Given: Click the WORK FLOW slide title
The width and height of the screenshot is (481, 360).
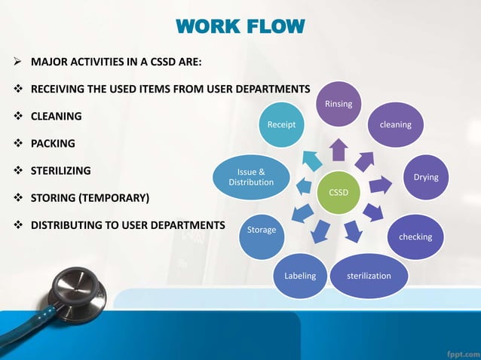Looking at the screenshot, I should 240,28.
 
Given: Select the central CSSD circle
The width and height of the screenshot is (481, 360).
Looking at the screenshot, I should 339,192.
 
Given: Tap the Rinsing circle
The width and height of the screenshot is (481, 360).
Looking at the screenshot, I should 339,104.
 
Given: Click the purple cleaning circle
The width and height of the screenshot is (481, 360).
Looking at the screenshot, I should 395,124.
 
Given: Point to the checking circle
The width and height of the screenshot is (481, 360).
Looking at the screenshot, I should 415,236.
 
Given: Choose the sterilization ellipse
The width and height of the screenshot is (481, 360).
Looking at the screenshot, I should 369,276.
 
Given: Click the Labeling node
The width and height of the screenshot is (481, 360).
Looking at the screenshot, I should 299,276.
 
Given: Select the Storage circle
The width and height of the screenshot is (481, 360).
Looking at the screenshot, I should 262,230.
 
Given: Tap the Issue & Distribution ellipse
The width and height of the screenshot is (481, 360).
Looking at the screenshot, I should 251,177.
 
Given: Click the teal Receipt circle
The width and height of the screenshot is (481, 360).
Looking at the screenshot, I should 281,124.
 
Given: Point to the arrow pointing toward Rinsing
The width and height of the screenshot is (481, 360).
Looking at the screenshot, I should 339,150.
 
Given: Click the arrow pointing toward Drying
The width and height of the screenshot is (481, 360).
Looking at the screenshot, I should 381,184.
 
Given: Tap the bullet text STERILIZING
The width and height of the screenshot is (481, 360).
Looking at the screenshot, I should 60,170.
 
